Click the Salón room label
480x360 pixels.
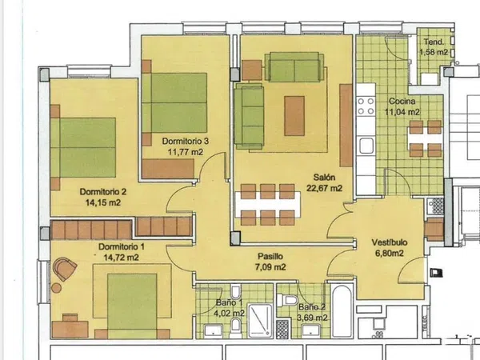[x=324, y=178]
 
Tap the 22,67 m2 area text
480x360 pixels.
[x=324, y=188]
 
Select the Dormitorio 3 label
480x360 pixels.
[x=186, y=141]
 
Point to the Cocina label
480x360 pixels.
[x=402, y=102]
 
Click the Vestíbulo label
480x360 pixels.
[x=390, y=242]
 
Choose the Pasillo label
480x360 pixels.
[x=270, y=256]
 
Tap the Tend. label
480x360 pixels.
[x=434, y=42]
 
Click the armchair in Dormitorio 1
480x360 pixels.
[x=64, y=269]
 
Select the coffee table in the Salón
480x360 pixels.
[x=294, y=116]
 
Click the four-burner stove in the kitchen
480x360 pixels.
[x=366, y=106]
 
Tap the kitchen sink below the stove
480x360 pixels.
[x=366, y=146]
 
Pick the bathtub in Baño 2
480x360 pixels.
[x=342, y=311]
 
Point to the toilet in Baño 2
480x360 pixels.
[x=287, y=300]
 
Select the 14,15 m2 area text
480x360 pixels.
[x=103, y=202]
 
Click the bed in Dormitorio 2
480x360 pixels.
[x=83, y=147]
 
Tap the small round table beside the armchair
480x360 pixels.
[x=56, y=288]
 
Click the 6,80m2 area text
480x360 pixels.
[x=390, y=253]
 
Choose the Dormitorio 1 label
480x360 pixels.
[x=122, y=246]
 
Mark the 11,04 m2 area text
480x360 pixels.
[x=402, y=112]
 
